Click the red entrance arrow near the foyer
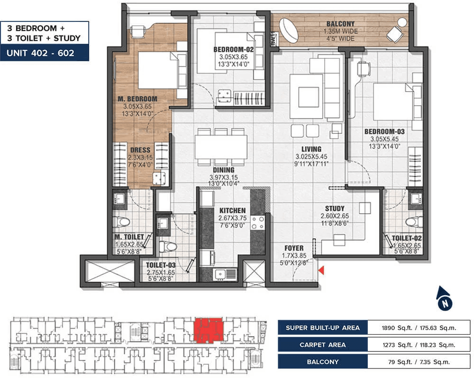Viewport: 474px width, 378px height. click(x=321, y=270)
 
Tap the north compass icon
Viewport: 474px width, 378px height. click(x=444, y=299)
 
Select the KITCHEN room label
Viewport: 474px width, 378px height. click(x=232, y=210)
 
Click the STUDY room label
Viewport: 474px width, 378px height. click(x=335, y=208)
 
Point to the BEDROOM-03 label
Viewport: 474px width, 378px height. click(x=384, y=132)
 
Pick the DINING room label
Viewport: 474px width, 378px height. click(x=224, y=170)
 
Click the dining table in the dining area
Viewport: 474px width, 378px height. click(x=221, y=147)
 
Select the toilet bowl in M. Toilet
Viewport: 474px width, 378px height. click(x=121, y=222)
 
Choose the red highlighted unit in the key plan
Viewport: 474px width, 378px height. click(x=208, y=331)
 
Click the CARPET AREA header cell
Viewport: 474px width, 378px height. click(x=322, y=345)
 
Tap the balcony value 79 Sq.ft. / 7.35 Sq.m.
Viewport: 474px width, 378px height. click(x=419, y=362)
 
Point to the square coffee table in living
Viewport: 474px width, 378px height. click(x=309, y=97)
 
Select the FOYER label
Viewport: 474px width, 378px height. click(x=294, y=248)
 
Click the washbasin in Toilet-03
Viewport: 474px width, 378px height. click(x=163, y=224)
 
